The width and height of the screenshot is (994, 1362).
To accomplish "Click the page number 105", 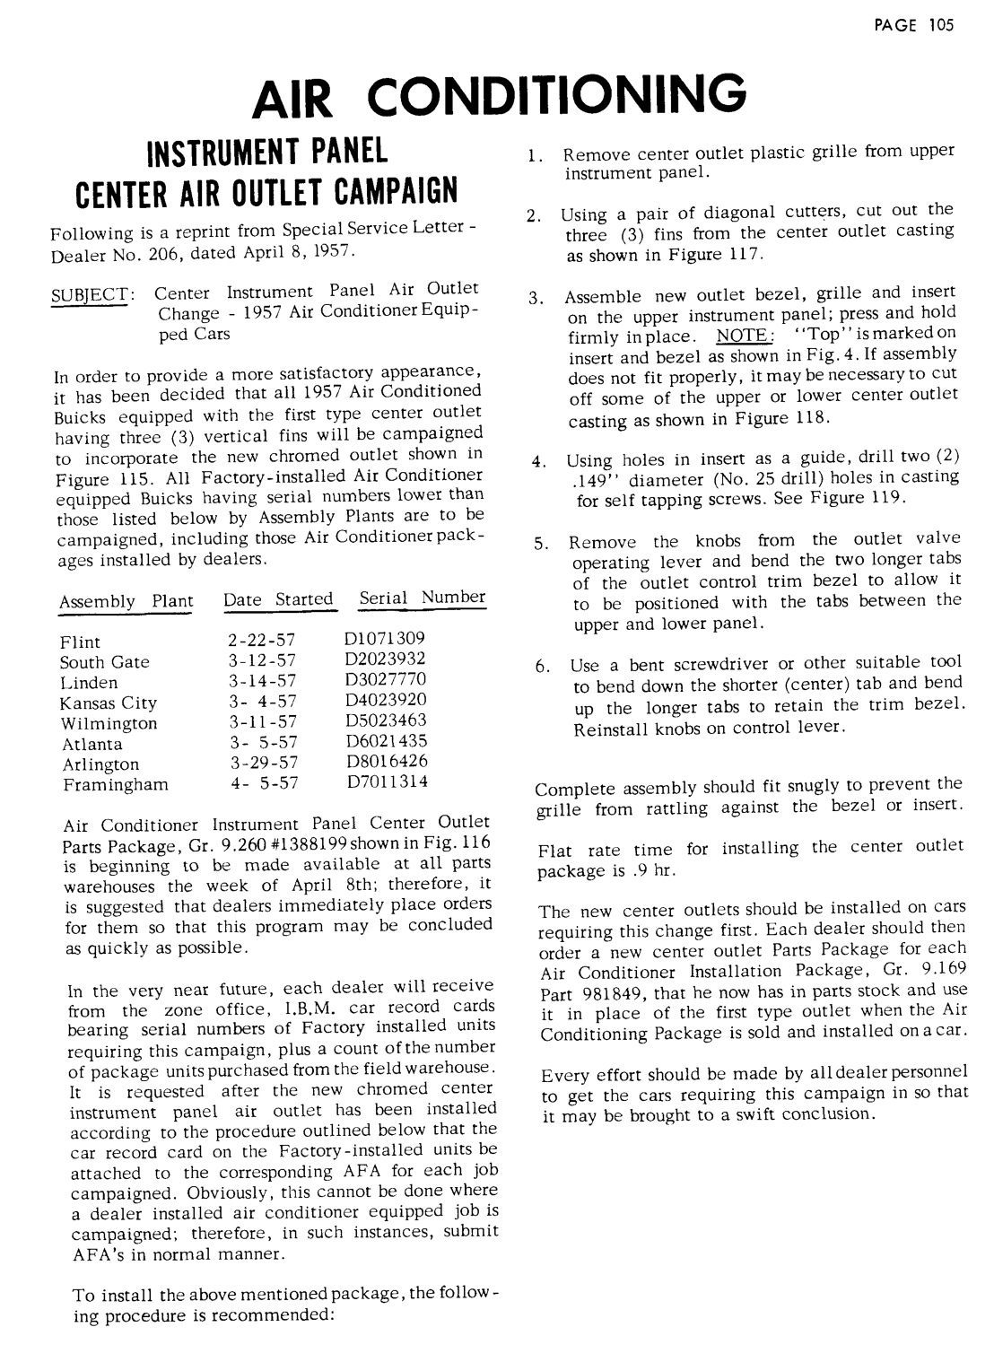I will [942, 24].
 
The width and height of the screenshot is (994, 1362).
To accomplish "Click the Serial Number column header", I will [423, 598].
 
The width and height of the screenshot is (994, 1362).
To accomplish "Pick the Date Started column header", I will [278, 599].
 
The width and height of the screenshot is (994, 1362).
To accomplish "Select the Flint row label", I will [81, 642].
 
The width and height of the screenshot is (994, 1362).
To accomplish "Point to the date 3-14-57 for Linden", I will [262, 682].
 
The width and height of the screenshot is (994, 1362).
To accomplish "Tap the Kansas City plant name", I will [108, 703].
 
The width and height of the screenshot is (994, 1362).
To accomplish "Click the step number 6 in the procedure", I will [541, 667].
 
